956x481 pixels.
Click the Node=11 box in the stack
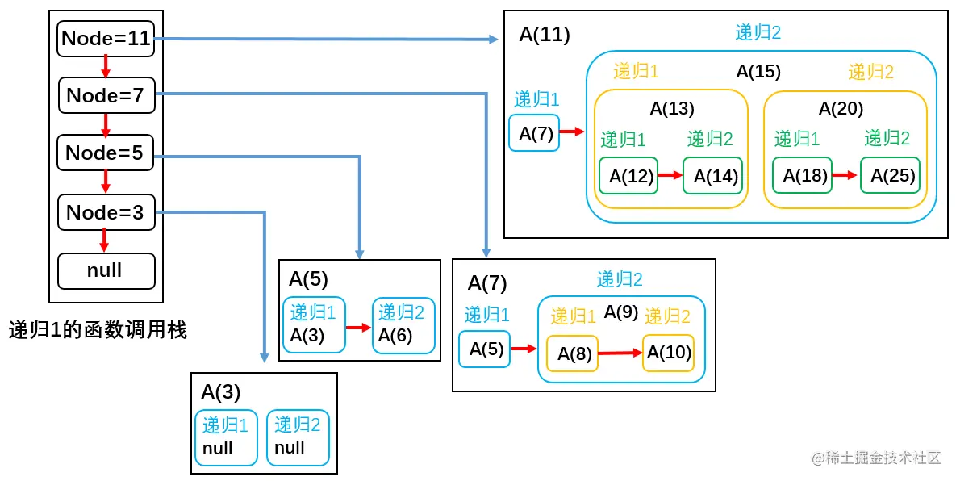click(106, 38)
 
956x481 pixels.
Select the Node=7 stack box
click(106, 95)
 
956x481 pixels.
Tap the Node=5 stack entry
click(105, 153)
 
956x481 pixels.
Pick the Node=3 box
click(105, 212)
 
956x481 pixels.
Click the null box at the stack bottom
click(106, 270)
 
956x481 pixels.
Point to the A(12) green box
click(629, 175)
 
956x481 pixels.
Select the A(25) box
click(888, 175)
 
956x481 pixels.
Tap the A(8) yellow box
click(572, 353)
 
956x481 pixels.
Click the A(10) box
click(668, 353)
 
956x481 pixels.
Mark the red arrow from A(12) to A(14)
click(670, 174)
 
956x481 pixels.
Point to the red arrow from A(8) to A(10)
click(620, 353)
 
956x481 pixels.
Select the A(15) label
click(758, 71)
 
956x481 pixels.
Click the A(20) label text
click(841, 108)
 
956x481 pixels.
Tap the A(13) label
click(672, 108)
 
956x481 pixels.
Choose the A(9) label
click(621, 312)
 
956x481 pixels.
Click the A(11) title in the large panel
click(545, 34)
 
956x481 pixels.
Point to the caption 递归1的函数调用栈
click(98, 329)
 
